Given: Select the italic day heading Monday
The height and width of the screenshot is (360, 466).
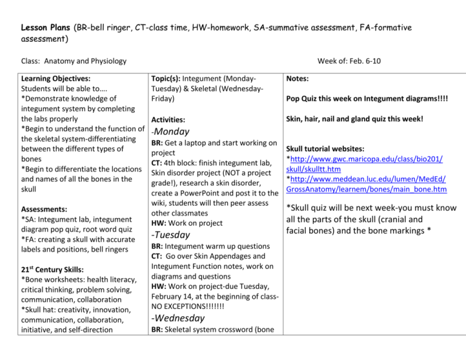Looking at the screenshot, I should pos(173,131).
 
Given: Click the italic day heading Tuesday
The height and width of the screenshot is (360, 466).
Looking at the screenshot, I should pos(173,234).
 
